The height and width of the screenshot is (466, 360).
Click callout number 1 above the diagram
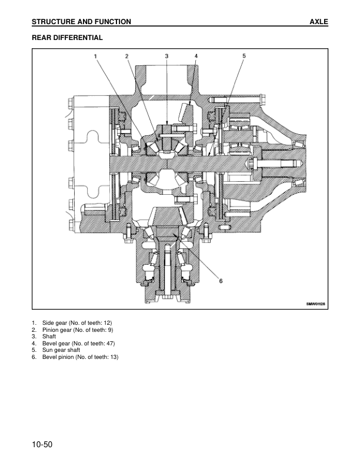96,55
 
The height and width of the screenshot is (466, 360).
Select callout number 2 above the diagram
126,55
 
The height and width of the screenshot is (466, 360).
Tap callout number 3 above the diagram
166,55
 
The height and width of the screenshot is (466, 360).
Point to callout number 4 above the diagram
196,55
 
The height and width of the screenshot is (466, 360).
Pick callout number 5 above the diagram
244,55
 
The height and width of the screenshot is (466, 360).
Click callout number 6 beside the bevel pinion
221,281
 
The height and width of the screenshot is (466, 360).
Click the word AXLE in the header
318,22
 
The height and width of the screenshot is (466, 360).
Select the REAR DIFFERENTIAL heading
67,38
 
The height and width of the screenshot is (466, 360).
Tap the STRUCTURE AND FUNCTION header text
81,22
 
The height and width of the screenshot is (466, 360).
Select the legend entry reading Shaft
49,337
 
